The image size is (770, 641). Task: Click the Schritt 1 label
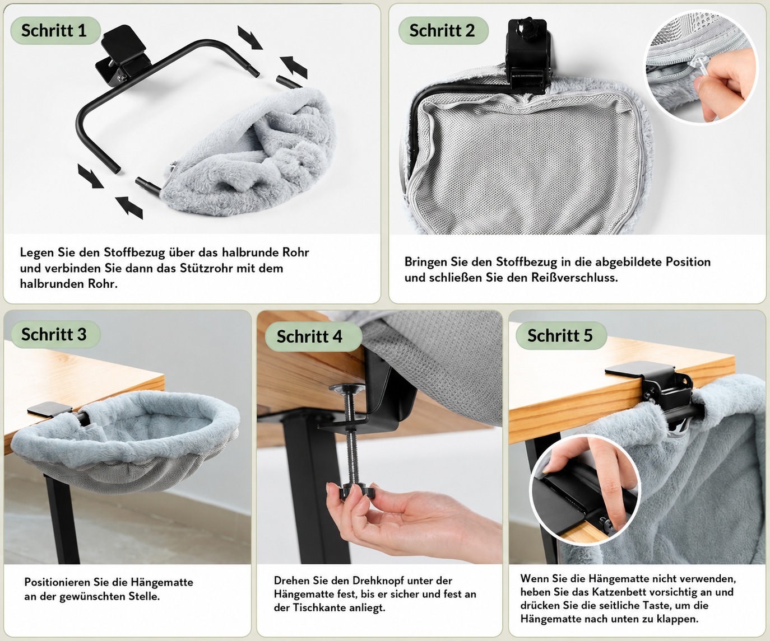click(55, 30)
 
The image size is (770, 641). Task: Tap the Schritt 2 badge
click(443, 30)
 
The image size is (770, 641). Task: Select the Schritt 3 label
click(55, 334)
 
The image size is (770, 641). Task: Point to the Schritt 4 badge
click(312, 336)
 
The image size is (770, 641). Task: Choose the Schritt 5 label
click(561, 335)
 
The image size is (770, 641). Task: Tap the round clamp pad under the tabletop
click(347, 387)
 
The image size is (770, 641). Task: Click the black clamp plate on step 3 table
click(50, 409)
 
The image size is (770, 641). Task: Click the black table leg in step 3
click(61, 520)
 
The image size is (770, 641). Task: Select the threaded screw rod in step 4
click(350, 438)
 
